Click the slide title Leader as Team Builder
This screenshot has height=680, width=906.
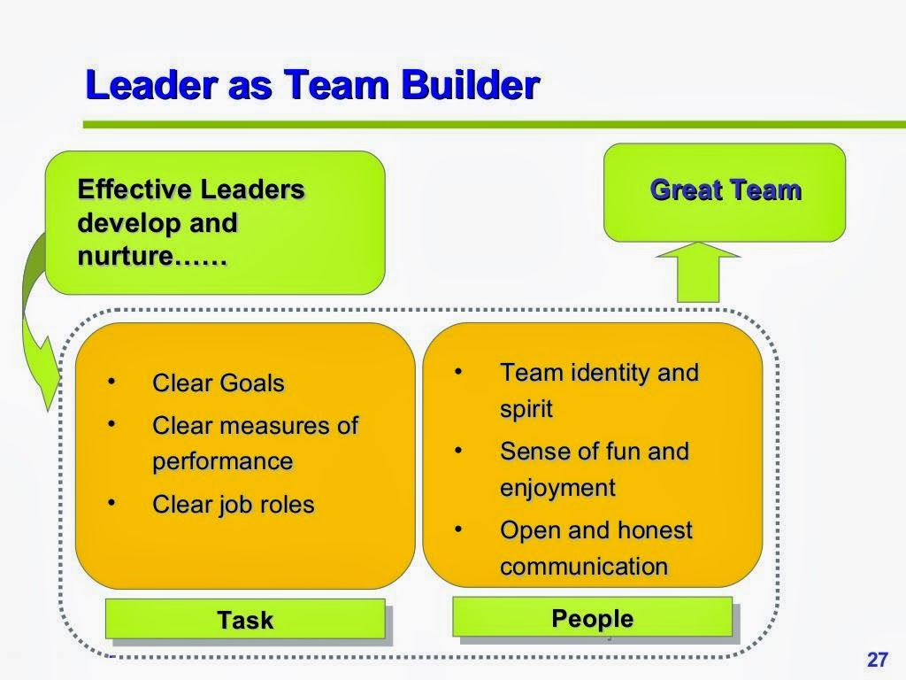coord(311,86)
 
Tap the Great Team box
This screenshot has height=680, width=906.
coord(725,191)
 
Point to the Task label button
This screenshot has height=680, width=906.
coord(245,620)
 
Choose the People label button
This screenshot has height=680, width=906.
coord(592,617)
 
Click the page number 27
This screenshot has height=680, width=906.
coord(877,660)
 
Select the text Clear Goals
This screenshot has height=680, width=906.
coord(219,383)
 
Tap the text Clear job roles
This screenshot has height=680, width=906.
coord(233,505)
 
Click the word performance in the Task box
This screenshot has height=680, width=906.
coord(222,461)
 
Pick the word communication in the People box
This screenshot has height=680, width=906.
coord(584,567)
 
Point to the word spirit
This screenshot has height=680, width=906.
coord(526,409)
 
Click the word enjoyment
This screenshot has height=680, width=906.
coord(557,488)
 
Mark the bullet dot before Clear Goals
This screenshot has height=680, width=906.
coord(111,382)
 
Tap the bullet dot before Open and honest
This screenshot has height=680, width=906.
coord(458,529)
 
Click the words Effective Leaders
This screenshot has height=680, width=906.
coord(191,189)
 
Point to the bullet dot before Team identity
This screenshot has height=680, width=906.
coord(458,371)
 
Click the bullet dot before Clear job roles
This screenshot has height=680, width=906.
coord(111,503)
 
